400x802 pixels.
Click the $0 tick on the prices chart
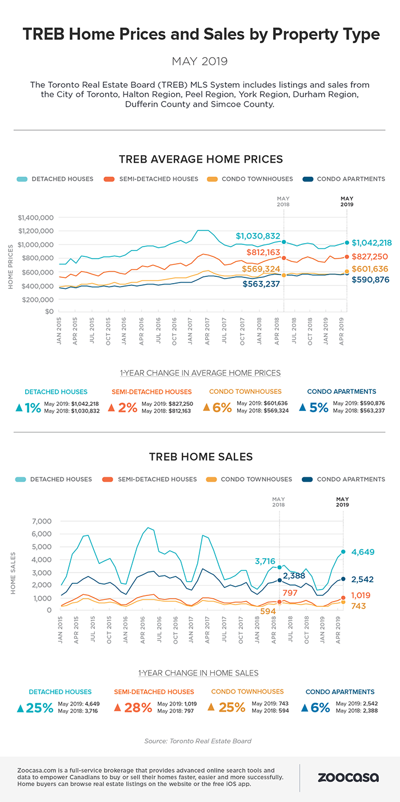click(49, 311)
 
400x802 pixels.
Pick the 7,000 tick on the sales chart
click(42, 521)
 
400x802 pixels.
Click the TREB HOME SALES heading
click(201, 457)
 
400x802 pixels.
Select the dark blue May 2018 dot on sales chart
click(279, 580)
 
